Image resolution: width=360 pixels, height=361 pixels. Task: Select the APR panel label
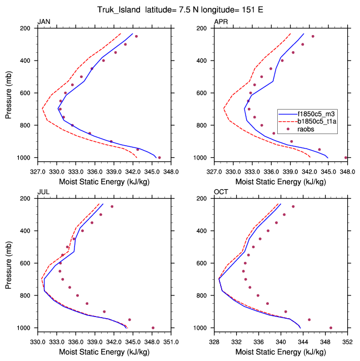[221, 22]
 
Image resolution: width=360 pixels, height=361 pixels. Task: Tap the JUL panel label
[43, 192]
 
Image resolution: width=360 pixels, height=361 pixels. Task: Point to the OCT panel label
[222, 192]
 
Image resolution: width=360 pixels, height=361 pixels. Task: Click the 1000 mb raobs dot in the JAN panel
[159, 157]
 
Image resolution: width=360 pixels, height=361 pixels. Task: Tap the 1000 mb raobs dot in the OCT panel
[331, 328]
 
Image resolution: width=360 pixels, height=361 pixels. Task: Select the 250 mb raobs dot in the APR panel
[313, 36]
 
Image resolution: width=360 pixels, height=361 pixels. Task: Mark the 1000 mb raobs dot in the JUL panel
[153, 328]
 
